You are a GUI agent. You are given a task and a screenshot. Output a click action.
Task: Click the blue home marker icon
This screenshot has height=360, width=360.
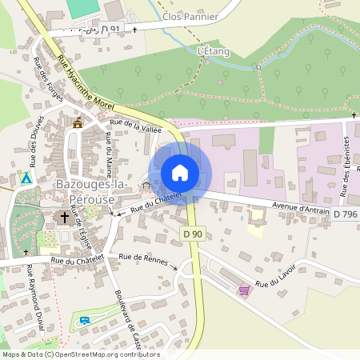pyautogui.click(x=180, y=173)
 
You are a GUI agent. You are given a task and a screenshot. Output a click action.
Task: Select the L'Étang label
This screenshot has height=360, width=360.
pyautogui.click(x=213, y=51)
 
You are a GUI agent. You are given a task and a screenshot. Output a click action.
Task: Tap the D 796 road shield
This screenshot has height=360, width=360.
pyautogui.click(x=346, y=214)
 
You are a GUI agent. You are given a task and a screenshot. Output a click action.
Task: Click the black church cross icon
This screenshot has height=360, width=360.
pyautogui.click(x=65, y=217)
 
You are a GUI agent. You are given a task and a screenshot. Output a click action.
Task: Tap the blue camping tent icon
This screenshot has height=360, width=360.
pyautogui.click(x=27, y=178)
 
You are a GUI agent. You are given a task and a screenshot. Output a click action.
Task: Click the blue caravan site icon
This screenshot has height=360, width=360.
pyautogui.click(x=85, y=321)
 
